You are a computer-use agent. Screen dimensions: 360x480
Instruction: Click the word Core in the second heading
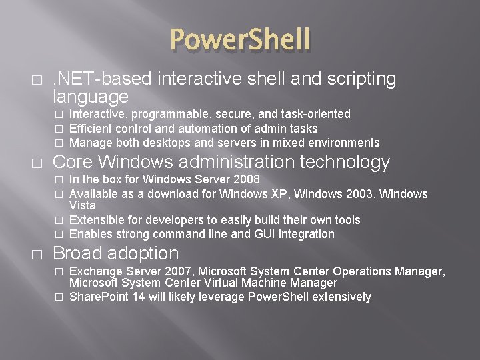[72, 162]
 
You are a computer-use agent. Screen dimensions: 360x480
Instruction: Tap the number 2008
[245, 179]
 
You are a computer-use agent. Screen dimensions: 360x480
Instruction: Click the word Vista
[83, 205]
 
